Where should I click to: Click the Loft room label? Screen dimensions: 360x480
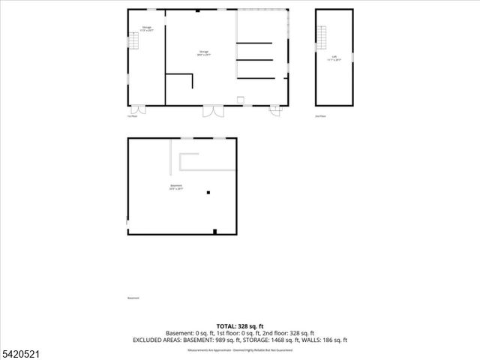click(334, 58)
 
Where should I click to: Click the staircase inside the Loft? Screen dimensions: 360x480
click(323, 36)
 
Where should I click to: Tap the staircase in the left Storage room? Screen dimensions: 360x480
click(133, 42)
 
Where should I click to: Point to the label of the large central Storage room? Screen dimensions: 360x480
click(202, 53)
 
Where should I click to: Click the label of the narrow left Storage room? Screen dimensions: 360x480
click(147, 29)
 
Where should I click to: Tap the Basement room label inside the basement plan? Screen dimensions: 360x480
click(176, 187)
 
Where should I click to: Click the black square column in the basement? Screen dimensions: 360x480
click(208, 193)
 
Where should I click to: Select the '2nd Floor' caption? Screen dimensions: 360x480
click(320, 116)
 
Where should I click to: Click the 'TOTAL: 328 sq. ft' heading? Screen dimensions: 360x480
click(240, 326)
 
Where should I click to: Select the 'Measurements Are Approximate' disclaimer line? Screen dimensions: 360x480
click(240, 349)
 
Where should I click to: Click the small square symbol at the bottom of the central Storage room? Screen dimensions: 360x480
click(239, 100)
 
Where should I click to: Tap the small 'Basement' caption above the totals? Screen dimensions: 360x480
click(133, 298)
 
